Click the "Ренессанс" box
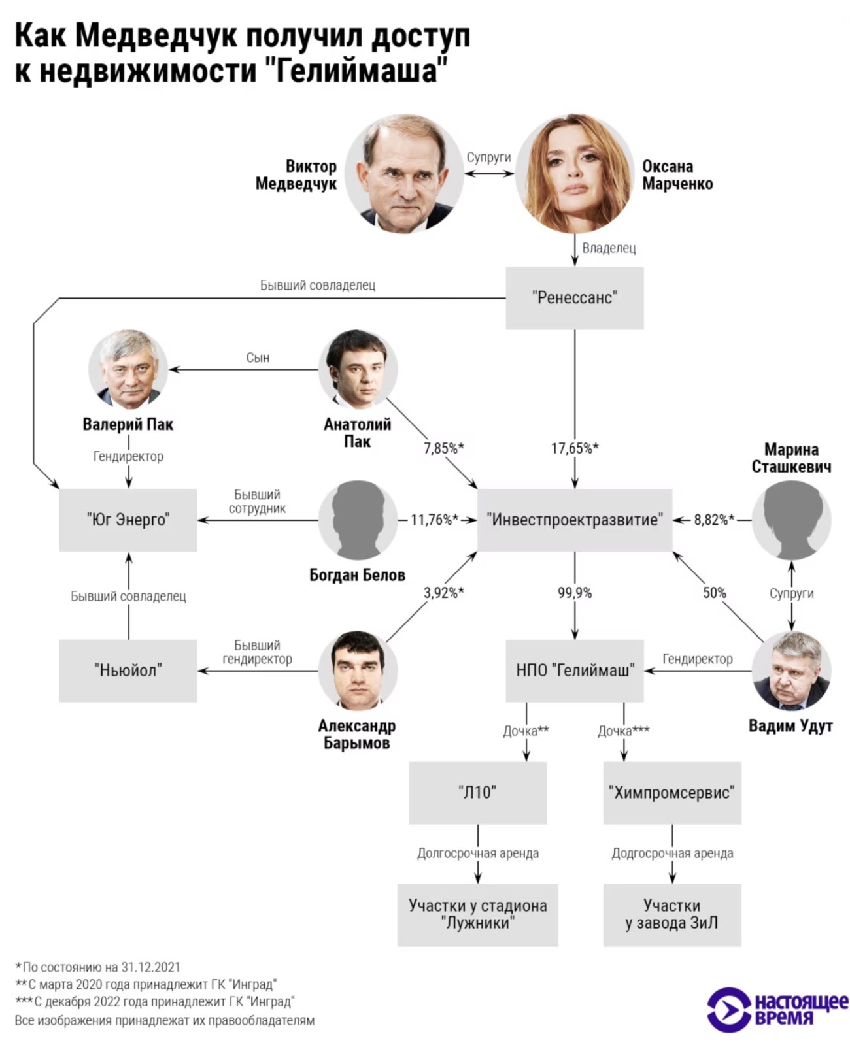coord(574,298)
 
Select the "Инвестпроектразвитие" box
coord(574,520)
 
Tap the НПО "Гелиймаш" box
coord(574,670)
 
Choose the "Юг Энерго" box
coord(128,520)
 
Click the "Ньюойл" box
coord(128,671)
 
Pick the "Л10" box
coord(477,792)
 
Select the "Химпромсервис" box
coord(671,792)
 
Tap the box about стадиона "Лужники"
coord(477,914)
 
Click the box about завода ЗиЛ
coord(671,914)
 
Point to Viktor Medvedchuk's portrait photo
coord(404,174)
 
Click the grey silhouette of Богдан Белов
coord(358,520)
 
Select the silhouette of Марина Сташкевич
coord(791,520)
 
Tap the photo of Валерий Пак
coord(128,369)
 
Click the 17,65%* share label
coord(574,448)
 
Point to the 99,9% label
coord(574,593)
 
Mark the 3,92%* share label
coord(443,593)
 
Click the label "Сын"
coord(258,357)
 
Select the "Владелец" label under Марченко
coord(609,248)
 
